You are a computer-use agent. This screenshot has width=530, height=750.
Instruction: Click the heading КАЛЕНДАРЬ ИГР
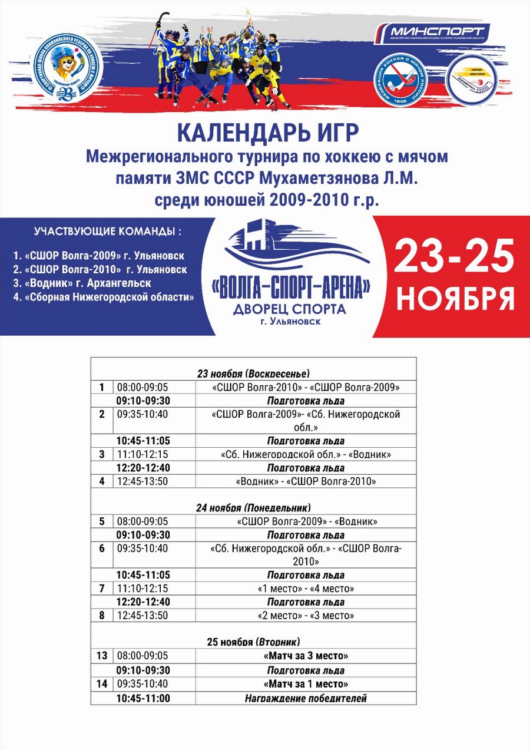268,133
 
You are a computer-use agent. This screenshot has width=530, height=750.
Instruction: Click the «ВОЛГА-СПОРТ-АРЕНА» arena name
290,287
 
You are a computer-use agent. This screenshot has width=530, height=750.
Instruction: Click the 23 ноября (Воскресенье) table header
253,374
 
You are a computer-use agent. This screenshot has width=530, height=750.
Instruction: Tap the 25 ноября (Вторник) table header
253,642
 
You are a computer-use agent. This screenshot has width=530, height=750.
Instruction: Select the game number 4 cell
102,481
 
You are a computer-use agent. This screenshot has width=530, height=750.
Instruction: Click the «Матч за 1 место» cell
305,684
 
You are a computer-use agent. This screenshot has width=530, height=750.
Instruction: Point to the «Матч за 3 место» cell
305,656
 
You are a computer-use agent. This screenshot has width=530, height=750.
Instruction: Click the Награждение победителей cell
305,698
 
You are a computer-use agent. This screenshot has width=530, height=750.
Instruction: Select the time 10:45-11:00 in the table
143,698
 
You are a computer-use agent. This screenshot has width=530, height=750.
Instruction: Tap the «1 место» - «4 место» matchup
305,589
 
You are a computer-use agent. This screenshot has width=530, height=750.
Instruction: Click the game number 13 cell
102,656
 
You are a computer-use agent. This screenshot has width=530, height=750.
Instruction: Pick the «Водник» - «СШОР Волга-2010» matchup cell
305,481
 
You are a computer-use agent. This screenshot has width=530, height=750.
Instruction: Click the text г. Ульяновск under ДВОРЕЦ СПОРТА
290,322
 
